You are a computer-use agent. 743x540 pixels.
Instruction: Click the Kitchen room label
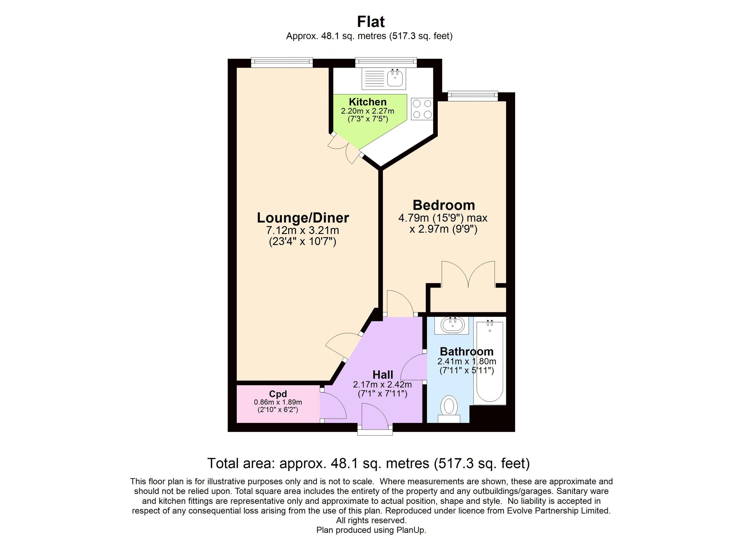point(367,102)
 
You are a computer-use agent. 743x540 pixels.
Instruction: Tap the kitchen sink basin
point(395,79)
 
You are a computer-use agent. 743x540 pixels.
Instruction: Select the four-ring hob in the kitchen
point(422,109)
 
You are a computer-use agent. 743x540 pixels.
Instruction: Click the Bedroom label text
point(444,205)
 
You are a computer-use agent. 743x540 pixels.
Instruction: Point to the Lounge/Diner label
point(303,218)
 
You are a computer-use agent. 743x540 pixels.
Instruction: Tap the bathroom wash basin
point(452,325)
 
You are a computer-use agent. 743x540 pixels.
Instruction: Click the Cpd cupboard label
point(278,394)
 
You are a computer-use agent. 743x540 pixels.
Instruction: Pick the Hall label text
point(383,375)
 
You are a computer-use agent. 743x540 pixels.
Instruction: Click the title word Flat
point(371,22)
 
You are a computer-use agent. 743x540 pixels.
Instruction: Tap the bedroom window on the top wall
point(473,95)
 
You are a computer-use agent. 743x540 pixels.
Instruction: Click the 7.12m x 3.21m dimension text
point(303,230)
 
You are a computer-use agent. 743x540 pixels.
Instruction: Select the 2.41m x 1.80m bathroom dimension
point(467,361)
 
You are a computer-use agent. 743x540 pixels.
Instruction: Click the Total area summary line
point(368,463)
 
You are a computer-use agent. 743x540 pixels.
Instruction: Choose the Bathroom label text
point(467,352)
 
